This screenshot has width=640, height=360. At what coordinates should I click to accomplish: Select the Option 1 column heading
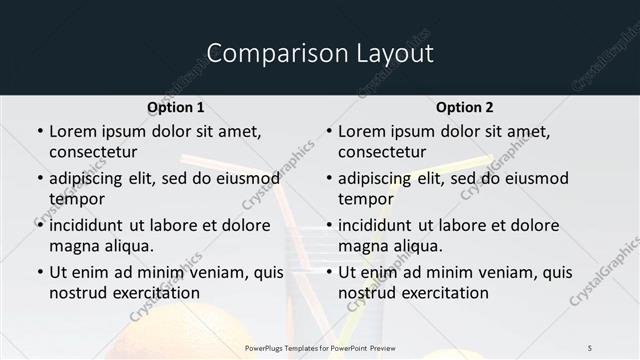coord(176,107)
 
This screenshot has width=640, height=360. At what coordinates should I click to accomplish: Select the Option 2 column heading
coord(465,107)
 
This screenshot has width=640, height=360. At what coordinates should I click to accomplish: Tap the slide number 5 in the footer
coord(590,347)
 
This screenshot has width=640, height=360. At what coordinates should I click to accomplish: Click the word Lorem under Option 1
coord(72,131)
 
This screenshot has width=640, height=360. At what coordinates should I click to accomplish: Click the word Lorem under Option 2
coord(361,131)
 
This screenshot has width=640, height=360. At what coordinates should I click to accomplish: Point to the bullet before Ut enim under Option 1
coord(40,272)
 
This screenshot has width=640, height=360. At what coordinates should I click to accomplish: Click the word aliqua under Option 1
coord(128,246)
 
